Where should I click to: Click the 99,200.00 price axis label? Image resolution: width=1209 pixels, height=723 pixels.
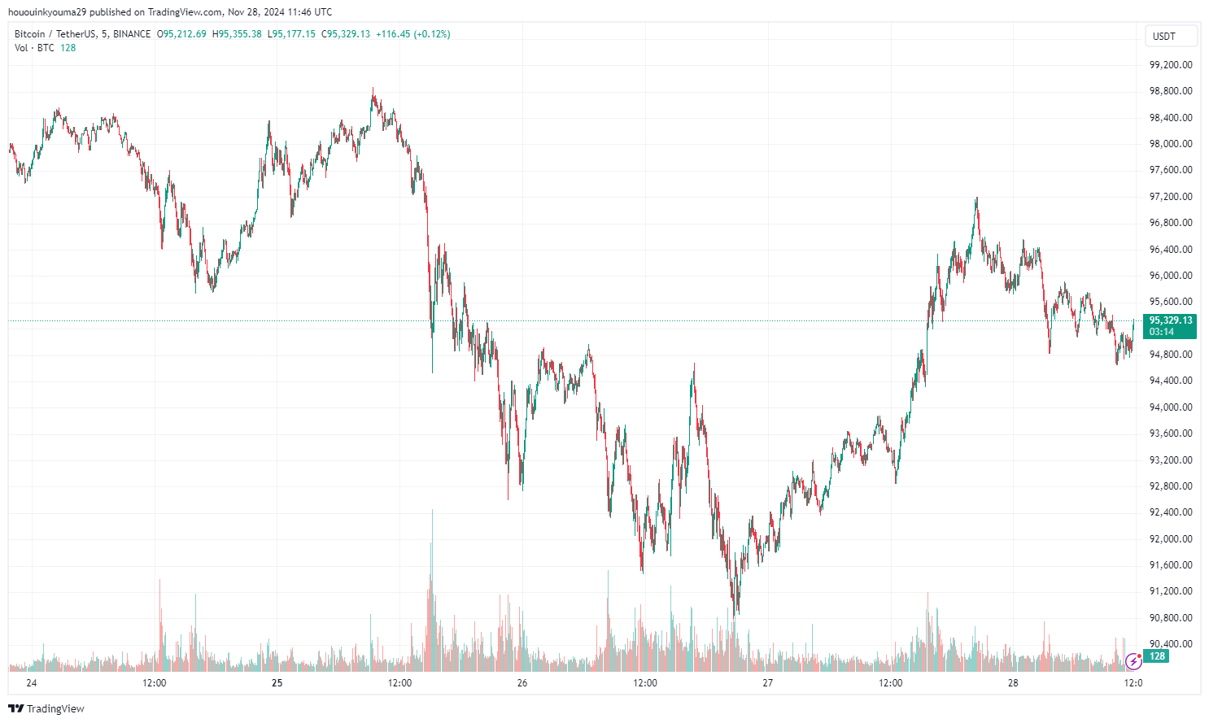(x=1170, y=65)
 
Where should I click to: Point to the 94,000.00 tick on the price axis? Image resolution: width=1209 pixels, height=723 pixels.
(x=1170, y=407)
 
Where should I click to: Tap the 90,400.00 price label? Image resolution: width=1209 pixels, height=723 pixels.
(x=1170, y=644)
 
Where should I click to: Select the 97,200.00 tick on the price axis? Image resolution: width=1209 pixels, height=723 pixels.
(x=1170, y=197)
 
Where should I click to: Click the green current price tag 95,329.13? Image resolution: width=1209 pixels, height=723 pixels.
(x=1170, y=320)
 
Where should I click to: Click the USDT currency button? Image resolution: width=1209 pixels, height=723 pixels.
(x=1164, y=37)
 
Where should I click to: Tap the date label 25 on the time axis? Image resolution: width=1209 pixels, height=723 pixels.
(x=277, y=683)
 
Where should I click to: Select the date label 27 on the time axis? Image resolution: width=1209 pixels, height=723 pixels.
(x=767, y=683)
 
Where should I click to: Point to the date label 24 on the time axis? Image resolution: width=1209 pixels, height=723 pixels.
(x=32, y=683)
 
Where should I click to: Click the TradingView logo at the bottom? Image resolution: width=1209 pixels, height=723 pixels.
(x=46, y=708)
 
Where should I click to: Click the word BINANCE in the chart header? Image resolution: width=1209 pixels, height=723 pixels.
(x=132, y=34)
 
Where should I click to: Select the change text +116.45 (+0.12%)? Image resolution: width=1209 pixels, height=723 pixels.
(x=412, y=34)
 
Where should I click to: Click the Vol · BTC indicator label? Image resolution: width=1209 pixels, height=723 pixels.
(x=34, y=48)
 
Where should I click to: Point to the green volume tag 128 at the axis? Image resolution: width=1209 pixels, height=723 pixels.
(x=1157, y=656)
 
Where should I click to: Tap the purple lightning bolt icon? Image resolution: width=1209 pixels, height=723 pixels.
(x=1133, y=661)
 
